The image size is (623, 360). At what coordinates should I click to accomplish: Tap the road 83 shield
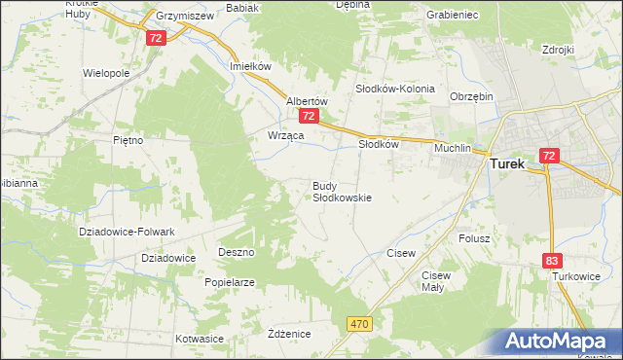(x=554, y=260)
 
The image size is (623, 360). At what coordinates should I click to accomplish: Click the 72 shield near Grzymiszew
(x=157, y=37)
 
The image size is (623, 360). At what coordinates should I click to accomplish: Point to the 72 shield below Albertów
(x=309, y=116)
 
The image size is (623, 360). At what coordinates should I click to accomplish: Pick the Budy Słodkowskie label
(x=342, y=191)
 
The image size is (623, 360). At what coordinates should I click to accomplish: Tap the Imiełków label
(x=248, y=65)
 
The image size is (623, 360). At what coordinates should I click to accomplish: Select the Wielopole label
(x=107, y=73)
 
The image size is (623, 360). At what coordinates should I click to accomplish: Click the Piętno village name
(x=128, y=140)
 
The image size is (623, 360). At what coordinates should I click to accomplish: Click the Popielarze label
(x=230, y=282)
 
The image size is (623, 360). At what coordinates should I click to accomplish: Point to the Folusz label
(x=473, y=237)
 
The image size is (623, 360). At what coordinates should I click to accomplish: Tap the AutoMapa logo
(x=555, y=342)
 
